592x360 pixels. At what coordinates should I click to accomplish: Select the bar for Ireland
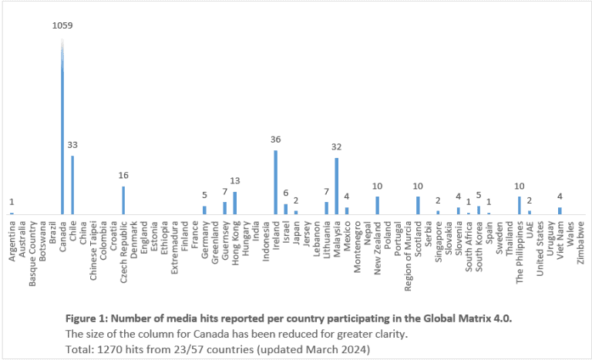(275, 182)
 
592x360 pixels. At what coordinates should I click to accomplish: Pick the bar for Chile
(72, 185)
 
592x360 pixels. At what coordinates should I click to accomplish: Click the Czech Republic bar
(123, 200)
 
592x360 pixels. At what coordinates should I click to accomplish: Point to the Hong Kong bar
(234, 203)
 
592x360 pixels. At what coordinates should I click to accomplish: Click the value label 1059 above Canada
(62, 25)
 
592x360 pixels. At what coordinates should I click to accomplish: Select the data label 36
(275, 140)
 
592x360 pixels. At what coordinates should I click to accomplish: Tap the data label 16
(123, 175)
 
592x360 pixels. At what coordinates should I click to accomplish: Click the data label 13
(234, 181)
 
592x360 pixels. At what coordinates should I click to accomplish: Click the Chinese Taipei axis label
(93, 251)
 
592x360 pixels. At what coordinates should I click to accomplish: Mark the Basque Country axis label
(32, 253)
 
